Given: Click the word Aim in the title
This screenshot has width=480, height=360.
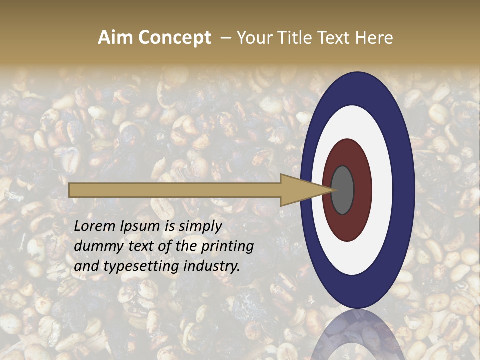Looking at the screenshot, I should [115, 37].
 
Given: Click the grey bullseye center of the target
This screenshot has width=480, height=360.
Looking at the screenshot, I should [343, 190].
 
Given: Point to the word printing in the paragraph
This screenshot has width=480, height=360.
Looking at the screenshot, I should [227, 246].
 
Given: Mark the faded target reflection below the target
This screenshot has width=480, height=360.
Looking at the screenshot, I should [358, 332].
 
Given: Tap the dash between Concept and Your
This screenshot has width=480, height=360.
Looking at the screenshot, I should [225, 37].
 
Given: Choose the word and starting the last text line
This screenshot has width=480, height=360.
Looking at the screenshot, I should [86, 266].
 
